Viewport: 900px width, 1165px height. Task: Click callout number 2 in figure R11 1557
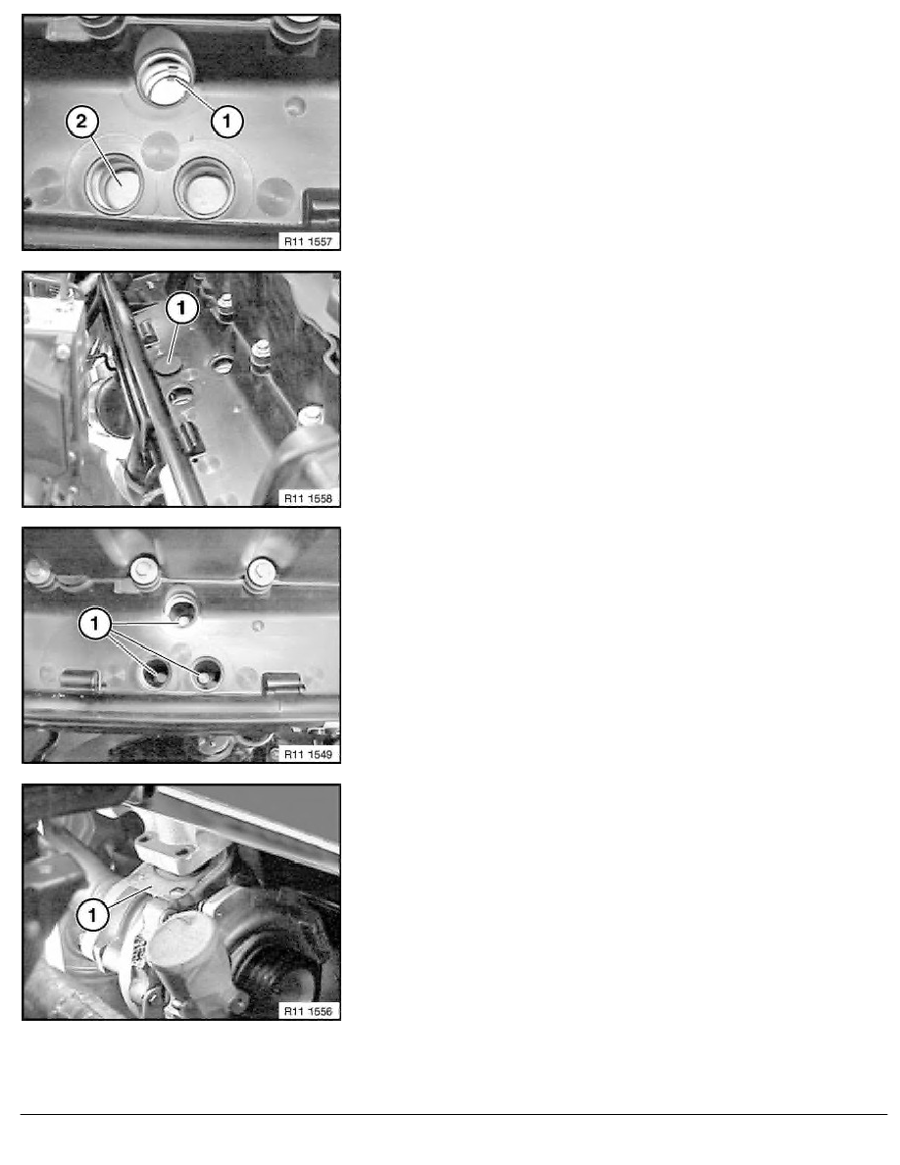point(81,120)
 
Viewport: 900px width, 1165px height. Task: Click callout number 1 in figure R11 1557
point(227,121)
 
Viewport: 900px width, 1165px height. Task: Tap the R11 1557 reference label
point(308,240)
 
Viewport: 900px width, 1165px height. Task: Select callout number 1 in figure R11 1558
point(182,308)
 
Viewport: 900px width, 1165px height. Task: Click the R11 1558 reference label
point(308,498)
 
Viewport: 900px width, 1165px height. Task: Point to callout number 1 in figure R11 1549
point(95,624)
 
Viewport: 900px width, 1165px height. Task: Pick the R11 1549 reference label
point(308,754)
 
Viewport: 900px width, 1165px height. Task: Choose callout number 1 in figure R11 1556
point(93,915)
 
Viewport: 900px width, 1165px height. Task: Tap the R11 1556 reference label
point(308,1010)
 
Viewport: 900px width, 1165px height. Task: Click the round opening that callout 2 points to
point(116,186)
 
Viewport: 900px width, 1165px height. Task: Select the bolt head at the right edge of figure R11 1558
point(310,416)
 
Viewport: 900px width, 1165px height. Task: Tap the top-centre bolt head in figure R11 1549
point(142,571)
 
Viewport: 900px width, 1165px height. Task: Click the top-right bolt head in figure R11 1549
point(259,571)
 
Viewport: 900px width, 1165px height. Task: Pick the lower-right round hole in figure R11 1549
point(206,675)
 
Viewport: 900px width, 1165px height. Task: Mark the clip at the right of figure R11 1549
point(283,683)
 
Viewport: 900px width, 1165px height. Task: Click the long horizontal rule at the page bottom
point(454,1114)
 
